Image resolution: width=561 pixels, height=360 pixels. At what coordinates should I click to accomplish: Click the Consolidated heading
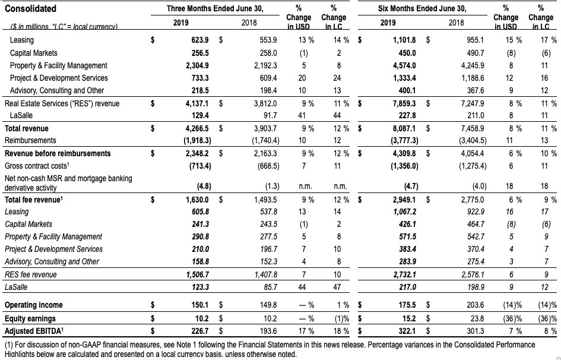click(x=30, y=8)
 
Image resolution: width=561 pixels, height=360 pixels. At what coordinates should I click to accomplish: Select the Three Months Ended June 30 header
click(x=215, y=8)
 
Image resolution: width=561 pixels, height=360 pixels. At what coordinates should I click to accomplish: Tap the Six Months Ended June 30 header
click(x=422, y=8)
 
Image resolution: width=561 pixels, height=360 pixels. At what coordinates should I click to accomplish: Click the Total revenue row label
click(x=27, y=128)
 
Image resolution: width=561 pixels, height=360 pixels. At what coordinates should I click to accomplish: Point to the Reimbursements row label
click(x=30, y=140)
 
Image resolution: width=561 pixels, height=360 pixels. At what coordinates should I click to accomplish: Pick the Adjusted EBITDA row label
click(x=34, y=331)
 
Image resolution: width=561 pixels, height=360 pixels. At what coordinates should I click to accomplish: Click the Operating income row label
click(x=34, y=305)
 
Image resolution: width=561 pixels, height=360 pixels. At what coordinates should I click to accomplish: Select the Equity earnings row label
click(x=30, y=318)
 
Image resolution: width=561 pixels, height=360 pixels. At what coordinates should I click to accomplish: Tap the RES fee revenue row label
click(x=31, y=274)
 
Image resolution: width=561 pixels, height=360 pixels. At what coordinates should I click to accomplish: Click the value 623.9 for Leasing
click(x=200, y=40)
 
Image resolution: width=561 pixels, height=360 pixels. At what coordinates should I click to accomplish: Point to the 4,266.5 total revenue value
click(x=197, y=128)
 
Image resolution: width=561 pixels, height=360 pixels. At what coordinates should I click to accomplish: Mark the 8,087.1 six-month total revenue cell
click(x=404, y=128)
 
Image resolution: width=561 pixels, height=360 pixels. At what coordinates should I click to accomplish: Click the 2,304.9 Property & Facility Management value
click(x=197, y=65)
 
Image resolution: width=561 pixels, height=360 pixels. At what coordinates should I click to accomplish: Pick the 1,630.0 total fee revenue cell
click(x=197, y=200)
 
